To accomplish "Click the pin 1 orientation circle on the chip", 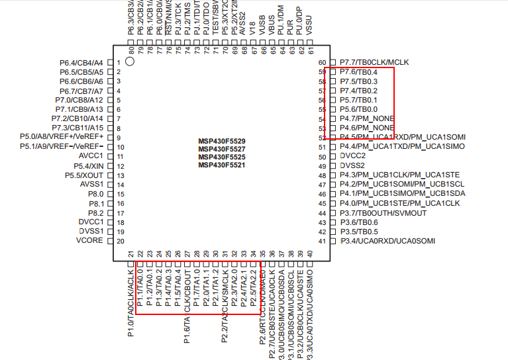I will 130,62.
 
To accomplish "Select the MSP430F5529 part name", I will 222,141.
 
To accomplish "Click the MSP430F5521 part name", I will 222,165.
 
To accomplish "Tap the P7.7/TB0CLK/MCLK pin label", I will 374,62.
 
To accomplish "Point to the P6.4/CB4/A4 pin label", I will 81,63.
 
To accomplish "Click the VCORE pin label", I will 90,240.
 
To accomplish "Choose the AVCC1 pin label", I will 91,156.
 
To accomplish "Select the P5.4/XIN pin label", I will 89,165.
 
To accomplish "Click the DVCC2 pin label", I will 352,156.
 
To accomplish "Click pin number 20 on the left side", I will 121,241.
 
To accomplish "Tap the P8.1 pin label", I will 96,203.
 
